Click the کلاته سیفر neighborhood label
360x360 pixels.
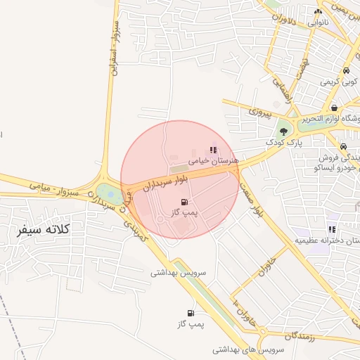(44, 229)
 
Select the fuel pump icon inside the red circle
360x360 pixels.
(184, 201)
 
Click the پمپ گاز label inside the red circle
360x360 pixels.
(186, 212)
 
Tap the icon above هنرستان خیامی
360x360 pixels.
(213, 150)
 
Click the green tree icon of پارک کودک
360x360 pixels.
(283, 131)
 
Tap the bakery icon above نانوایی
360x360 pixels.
(319, 11)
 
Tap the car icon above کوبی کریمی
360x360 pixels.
(347, 71)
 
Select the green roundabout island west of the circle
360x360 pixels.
(110, 191)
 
